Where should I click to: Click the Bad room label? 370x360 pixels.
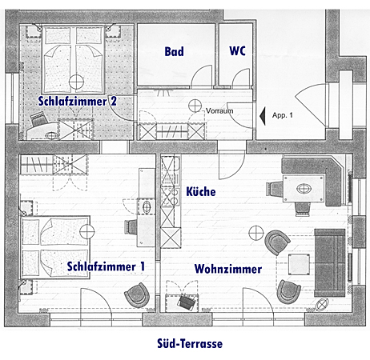point(174,51)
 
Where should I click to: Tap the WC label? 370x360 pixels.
point(237,50)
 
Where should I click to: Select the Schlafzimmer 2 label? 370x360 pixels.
point(78,102)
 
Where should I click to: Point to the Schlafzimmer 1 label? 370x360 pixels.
point(106,266)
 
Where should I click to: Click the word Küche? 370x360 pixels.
point(201,191)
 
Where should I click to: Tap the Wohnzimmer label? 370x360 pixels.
point(228,269)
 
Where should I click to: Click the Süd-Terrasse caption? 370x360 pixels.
point(190,343)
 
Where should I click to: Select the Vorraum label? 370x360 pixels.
point(219,110)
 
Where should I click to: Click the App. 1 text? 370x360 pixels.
point(283,115)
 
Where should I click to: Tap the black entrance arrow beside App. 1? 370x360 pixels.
point(263,116)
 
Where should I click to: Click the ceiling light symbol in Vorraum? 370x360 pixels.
point(195,106)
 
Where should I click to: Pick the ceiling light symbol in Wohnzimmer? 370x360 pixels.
point(256,233)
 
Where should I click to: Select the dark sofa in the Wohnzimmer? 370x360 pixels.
point(330,263)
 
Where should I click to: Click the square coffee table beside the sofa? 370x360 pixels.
point(299,265)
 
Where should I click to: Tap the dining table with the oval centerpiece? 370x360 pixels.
point(304,189)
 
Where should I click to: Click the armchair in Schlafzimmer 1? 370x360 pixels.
point(137,295)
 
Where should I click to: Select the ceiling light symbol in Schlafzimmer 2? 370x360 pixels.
point(76,82)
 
